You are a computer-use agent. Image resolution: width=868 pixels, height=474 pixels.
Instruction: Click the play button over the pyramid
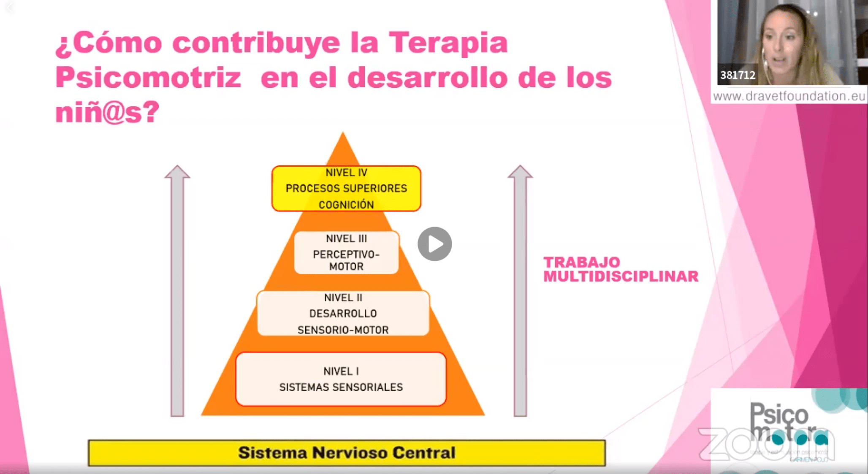coord(434,244)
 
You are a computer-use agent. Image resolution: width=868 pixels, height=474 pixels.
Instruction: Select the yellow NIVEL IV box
coord(346,188)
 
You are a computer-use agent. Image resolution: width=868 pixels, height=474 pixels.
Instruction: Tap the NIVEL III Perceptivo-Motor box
coord(346,252)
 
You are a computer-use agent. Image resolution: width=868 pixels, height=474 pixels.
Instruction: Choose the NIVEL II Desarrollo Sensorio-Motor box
coord(343,313)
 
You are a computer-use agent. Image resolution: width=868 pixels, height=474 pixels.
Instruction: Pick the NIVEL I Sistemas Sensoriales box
coord(341,379)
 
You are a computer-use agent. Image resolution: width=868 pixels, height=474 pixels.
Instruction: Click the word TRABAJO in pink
coord(581,262)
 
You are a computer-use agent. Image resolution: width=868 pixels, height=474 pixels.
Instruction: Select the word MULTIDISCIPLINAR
coord(621,276)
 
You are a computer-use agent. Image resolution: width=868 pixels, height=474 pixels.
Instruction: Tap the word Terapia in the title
coord(448,43)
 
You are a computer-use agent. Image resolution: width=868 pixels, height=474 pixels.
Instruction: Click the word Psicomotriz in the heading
coord(148,78)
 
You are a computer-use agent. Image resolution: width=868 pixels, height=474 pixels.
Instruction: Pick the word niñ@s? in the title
coord(107,112)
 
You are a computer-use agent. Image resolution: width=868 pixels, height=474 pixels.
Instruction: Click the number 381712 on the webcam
coord(738,75)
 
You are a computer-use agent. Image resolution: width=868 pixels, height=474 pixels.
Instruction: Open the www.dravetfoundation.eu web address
coord(789,96)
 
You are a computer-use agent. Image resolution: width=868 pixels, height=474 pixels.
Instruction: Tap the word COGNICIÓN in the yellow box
coord(346,205)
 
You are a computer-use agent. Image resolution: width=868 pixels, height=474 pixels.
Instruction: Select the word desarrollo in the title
coord(427,78)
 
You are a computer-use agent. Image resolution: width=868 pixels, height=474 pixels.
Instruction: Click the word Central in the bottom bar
coord(424,453)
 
